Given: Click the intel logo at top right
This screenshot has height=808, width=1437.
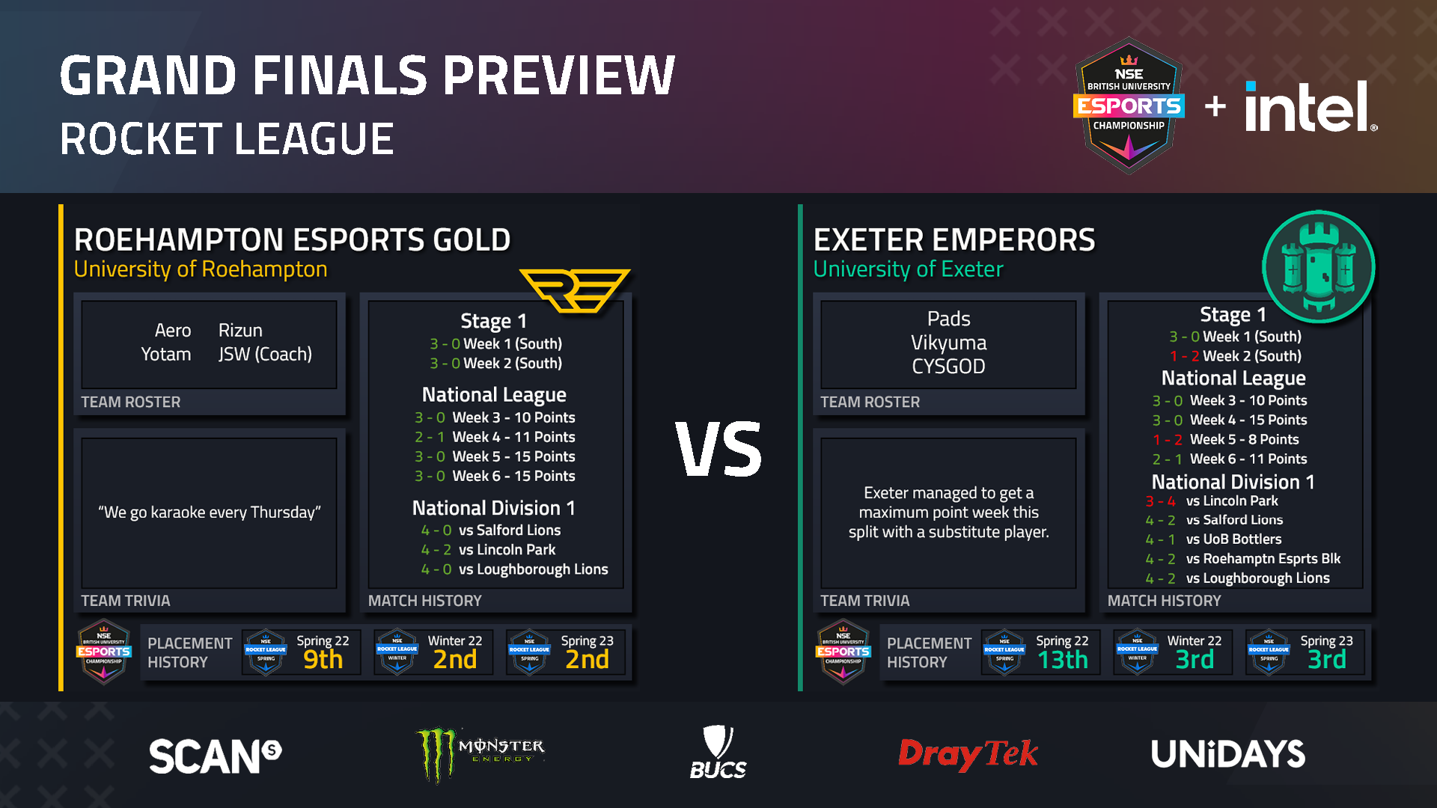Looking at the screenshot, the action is [x=1311, y=106].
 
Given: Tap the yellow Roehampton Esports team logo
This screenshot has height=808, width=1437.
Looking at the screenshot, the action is [x=575, y=290].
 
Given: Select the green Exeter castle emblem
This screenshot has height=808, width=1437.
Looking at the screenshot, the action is [x=1319, y=266].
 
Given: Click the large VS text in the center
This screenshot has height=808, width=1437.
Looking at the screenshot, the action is [x=718, y=449].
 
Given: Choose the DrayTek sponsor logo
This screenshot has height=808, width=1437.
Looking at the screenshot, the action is [x=968, y=754].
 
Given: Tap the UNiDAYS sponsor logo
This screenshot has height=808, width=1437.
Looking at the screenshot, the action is [x=1228, y=754].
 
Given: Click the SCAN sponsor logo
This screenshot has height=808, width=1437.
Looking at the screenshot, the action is [x=216, y=756].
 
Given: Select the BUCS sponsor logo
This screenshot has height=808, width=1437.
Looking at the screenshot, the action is [x=718, y=752].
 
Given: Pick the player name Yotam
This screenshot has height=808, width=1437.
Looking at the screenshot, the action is [x=166, y=354].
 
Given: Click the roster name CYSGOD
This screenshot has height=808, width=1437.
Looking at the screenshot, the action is [x=948, y=367].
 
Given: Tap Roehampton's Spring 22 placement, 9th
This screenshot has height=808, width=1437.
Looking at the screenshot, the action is [x=323, y=659].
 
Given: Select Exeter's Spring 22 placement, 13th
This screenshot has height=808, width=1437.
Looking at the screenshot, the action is [x=1062, y=659].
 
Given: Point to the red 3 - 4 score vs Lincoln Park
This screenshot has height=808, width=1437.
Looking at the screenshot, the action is [x=1160, y=501].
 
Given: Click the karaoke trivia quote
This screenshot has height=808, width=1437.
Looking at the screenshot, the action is [x=210, y=512].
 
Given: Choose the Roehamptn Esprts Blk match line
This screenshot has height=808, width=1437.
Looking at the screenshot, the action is [x=1242, y=559].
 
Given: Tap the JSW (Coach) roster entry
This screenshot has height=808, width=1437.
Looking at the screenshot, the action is [x=265, y=354].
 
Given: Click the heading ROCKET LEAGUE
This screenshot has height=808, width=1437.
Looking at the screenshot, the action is [x=227, y=139].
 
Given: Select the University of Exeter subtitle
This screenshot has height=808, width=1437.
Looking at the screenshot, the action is [x=908, y=269].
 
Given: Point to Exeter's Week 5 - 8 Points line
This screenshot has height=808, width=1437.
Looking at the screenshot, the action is [x=1225, y=440].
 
